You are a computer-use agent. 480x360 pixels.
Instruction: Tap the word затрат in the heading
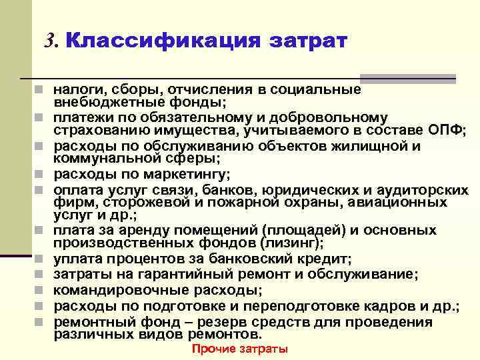point(308,41)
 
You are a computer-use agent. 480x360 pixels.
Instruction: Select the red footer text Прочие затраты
point(239,349)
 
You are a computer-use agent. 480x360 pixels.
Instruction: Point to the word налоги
point(75,89)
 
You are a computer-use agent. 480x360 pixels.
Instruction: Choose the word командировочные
point(115,291)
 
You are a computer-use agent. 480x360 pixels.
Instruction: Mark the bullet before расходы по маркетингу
point(41,175)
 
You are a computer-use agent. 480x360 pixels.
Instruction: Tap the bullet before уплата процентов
point(41,259)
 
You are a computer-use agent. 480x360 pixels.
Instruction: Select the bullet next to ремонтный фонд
point(41,323)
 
